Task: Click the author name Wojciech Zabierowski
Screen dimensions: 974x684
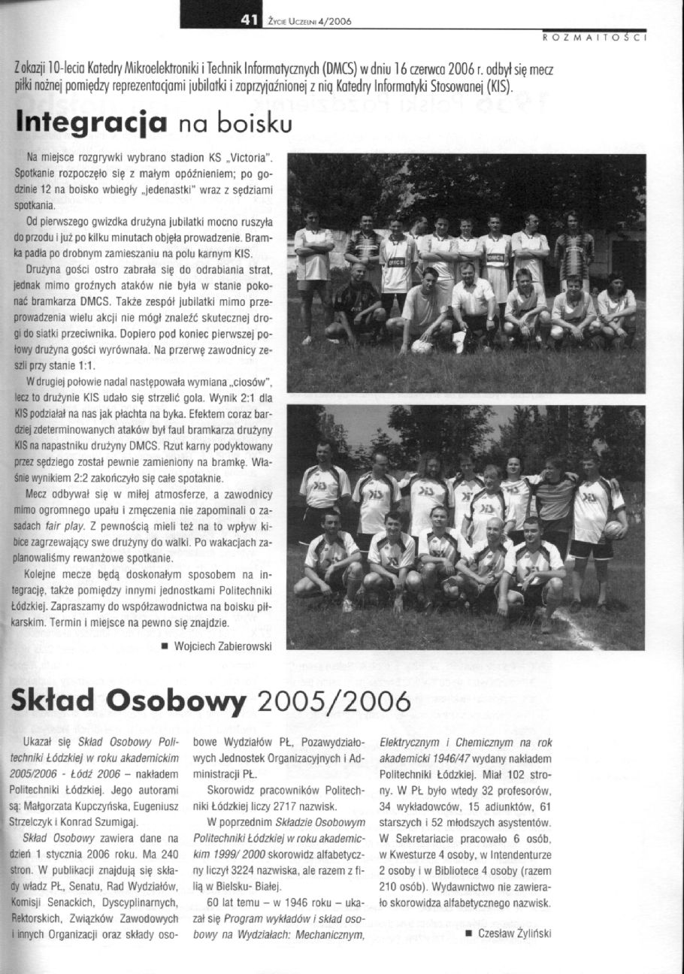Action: [222, 645]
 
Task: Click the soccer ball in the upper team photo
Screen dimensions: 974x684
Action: [422, 346]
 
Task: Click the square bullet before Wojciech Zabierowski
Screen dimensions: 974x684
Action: [162, 646]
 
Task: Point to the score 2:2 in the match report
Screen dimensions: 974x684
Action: [80, 478]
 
